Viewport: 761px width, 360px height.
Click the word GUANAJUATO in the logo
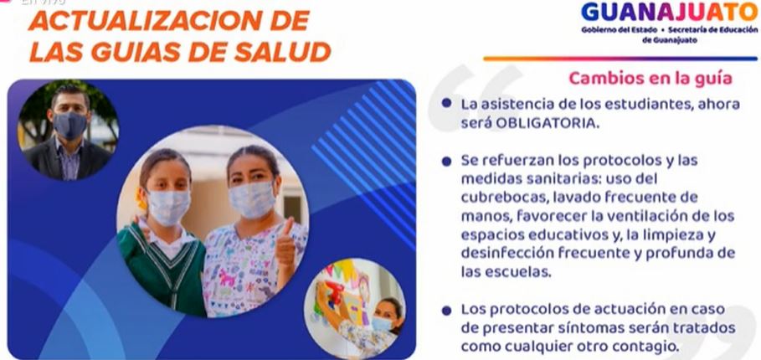tap(669, 12)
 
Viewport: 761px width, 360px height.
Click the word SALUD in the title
tap(282, 52)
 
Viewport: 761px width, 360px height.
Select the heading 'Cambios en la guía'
tap(650, 78)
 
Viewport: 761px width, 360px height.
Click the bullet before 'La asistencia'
tap(446, 103)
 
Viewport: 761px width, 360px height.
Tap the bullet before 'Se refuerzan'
tap(446, 161)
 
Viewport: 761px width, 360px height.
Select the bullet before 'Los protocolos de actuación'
tap(446, 310)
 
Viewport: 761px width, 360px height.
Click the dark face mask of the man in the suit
tap(69, 126)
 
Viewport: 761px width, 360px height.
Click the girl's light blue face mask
tap(168, 207)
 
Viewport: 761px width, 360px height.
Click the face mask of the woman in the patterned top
tap(252, 199)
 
